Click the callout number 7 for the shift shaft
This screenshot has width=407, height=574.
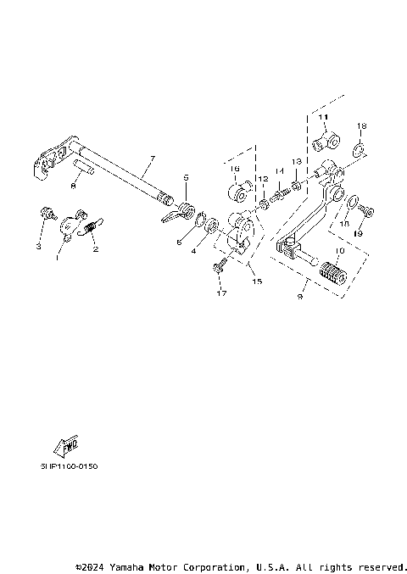coord(152,159)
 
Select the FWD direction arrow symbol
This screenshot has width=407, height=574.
coord(66,445)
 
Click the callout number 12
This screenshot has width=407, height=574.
coord(264,179)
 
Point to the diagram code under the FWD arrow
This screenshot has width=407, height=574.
coord(68,465)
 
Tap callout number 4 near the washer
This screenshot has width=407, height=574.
coord(192,252)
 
